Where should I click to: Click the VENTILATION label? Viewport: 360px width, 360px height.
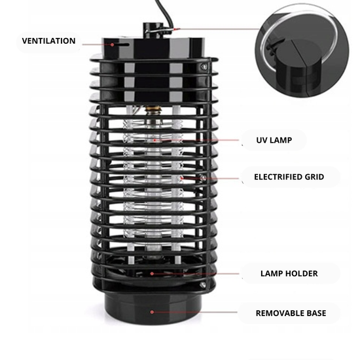pyautogui.click(x=49, y=41)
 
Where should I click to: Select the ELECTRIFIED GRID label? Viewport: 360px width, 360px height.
pyautogui.click(x=289, y=177)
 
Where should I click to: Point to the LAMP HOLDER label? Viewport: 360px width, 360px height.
pyautogui.click(x=289, y=273)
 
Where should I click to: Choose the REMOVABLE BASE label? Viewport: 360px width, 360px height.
pyautogui.click(x=289, y=313)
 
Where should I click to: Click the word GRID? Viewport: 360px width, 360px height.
pyautogui.click(x=310, y=177)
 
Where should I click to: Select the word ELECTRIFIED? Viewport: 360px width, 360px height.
pyautogui.click(x=276, y=177)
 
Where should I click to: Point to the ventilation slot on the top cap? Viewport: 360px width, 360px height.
pyautogui.click(x=120, y=45)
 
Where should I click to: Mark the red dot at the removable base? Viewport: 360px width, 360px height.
pyautogui.click(x=152, y=312)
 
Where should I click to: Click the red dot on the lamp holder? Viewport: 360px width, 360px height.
pyautogui.click(x=152, y=273)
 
